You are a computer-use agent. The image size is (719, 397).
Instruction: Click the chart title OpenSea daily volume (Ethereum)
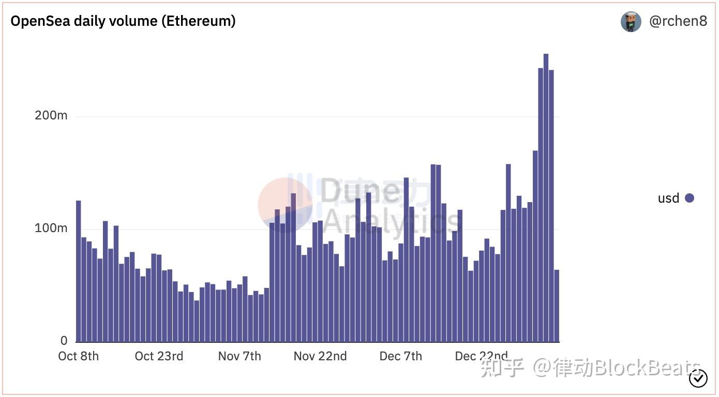coord(123,21)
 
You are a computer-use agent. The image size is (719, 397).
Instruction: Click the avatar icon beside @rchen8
coord(631,22)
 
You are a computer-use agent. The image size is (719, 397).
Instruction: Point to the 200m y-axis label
coord(51,115)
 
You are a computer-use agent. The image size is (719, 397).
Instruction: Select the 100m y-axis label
coord(51,228)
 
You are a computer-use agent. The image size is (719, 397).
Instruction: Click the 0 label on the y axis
coord(64,341)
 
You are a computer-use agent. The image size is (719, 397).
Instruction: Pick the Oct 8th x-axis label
coord(79,356)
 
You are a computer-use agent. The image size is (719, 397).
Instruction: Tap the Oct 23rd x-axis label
coord(159,356)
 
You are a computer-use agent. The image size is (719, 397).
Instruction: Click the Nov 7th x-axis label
coord(239,356)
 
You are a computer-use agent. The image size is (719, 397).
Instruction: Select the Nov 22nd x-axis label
coord(320,356)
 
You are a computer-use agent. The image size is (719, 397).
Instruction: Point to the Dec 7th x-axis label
coord(401,356)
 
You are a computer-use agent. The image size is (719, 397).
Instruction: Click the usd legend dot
coord(690,198)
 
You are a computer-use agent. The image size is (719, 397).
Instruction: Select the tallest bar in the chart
coord(546,196)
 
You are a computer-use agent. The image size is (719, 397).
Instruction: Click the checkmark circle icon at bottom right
coord(698,379)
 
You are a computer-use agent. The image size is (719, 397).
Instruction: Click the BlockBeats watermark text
coord(647,369)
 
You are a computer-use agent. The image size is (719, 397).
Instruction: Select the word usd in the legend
coord(668,198)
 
